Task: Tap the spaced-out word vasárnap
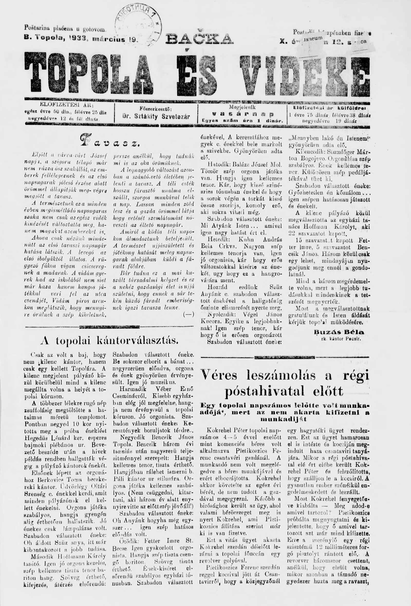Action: [242, 114]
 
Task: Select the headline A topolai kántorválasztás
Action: [109, 340]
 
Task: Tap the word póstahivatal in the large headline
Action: [261, 391]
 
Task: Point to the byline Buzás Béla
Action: [339, 332]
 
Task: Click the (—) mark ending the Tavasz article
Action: [189, 315]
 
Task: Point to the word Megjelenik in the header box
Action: [242, 107]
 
